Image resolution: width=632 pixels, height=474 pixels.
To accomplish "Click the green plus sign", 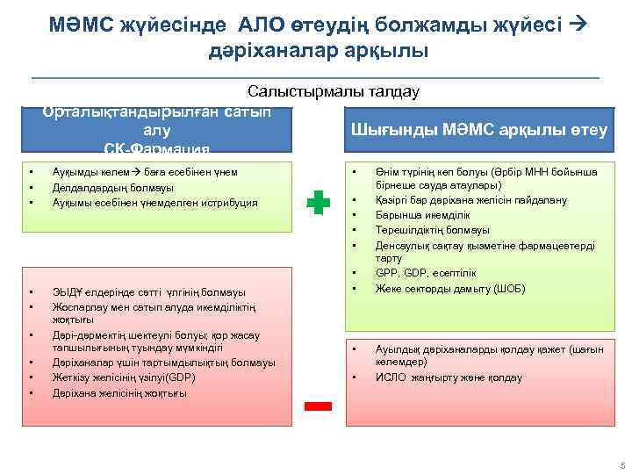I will (319, 204).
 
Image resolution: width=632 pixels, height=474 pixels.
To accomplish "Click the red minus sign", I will (319, 406).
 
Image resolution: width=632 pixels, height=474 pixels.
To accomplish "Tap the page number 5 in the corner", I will (621, 464).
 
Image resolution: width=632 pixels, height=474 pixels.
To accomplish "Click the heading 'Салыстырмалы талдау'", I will (334, 91).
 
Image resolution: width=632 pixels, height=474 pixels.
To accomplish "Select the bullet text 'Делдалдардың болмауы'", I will (113, 187).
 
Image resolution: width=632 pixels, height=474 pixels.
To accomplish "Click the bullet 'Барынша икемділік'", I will (421, 215).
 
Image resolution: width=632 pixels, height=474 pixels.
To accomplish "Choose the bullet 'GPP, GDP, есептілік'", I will (425, 273).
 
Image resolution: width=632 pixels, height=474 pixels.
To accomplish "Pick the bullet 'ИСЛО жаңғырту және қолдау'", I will (449, 377).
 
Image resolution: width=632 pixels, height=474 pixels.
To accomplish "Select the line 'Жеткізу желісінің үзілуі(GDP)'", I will (124, 377).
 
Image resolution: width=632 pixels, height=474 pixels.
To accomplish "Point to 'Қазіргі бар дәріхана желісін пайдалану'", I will (470, 200).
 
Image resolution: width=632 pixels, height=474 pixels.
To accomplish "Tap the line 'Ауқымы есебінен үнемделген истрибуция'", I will (155, 202).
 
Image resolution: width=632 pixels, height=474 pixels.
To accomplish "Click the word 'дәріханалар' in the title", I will (264, 51).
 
